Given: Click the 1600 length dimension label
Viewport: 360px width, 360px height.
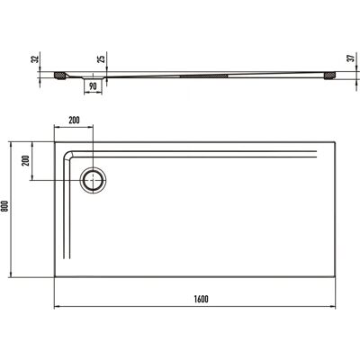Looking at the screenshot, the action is [x=201, y=299].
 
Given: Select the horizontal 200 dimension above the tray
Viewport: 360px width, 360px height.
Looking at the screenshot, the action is [x=74, y=121].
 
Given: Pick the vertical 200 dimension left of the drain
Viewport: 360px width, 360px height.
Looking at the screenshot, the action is [x=26, y=161].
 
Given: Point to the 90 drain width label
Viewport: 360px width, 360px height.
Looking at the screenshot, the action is [x=93, y=86].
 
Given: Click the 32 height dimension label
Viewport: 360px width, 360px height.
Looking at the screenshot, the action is [x=36, y=59].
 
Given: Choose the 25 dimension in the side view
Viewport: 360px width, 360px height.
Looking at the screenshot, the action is [x=103, y=58].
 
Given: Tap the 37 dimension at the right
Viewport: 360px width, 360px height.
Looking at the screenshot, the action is [x=351, y=58].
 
